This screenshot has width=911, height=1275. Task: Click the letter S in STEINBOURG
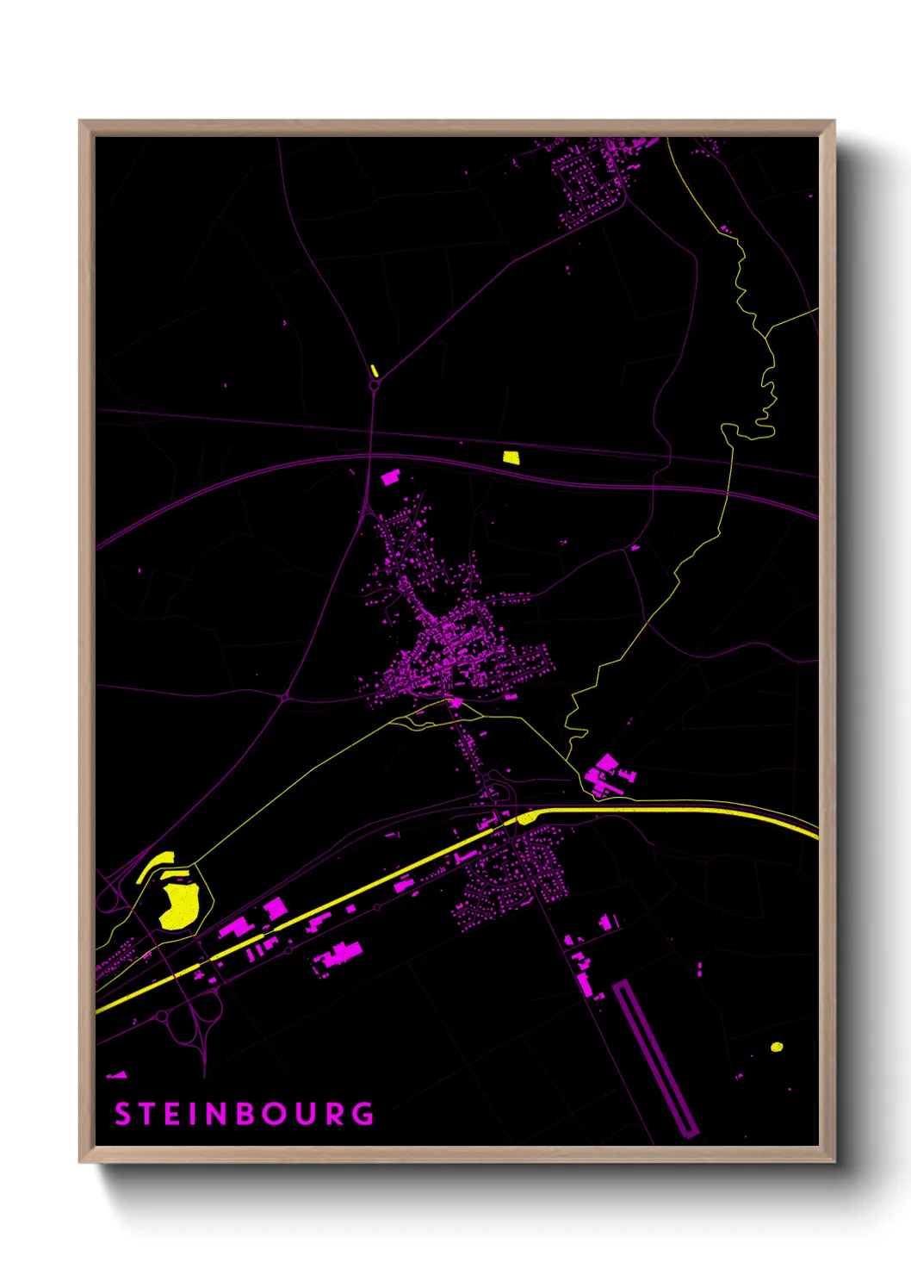(x=123, y=1114)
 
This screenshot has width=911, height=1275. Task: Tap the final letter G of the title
(x=364, y=1114)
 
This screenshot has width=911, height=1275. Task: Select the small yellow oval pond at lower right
(x=777, y=1047)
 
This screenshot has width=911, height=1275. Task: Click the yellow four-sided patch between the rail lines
(x=511, y=457)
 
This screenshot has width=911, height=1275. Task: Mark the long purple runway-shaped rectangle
(x=655, y=1058)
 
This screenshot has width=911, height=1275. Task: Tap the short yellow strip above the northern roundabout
(x=374, y=370)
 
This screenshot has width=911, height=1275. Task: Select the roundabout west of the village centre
(x=285, y=695)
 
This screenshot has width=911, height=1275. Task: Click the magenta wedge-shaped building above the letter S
(x=116, y=1075)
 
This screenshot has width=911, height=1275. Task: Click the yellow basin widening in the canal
(x=526, y=817)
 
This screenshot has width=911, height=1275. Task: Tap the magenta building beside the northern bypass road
(x=390, y=476)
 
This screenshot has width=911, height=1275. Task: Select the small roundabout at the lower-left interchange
(x=162, y=1017)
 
